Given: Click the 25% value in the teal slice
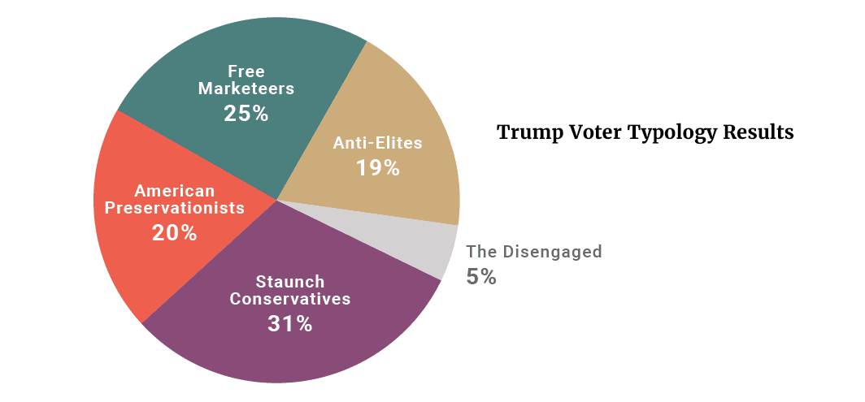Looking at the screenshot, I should pyautogui.click(x=246, y=113).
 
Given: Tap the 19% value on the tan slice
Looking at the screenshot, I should pyautogui.click(x=377, y=168).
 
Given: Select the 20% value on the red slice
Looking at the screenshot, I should pyautogui.click(x=174, y=233).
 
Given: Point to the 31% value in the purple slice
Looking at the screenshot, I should pyautogui.click(x=289, y=323).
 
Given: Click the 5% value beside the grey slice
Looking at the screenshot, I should pyautogui.click(x=481, y=277).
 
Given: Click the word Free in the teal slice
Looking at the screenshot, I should pyautogui.click(x=246, y=71).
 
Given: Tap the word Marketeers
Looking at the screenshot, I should pyautogui.click(x=246, y=88).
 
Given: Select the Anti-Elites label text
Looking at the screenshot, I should pyautogui.click(x=377, y=143).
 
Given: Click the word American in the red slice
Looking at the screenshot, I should pyautogui.click(x=175, y=192).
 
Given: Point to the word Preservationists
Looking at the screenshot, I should pyautogui.click(x=175, y=208).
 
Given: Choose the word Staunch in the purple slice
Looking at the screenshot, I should pyautogui.click(x=289, y=282).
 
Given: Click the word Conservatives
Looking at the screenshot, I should pyautogui.click(x=289, y=299).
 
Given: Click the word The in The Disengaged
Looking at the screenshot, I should pyautogui.click(x=481, y=252).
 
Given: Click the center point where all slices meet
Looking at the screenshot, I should pyautogui.click(x=276, y=200).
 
